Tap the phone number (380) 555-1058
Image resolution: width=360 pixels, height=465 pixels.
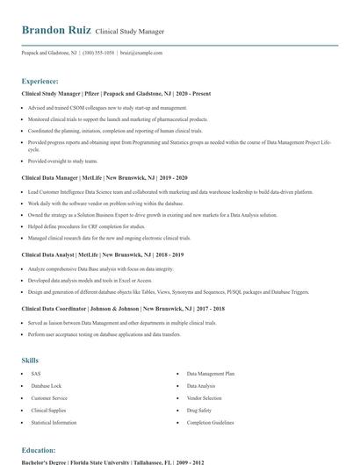98,53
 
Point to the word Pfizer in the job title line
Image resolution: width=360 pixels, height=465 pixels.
91,93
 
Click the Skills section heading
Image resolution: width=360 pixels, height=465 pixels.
30,361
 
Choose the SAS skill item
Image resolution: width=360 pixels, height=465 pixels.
36,374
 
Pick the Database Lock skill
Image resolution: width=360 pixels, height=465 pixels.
46,386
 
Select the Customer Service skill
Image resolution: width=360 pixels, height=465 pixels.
49,397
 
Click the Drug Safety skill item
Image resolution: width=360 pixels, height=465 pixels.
199,410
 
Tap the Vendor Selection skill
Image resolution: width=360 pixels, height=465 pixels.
205,397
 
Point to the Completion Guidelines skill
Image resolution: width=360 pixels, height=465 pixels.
211,422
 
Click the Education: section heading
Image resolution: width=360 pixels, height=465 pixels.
40,450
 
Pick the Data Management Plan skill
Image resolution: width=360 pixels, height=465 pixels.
211,374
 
